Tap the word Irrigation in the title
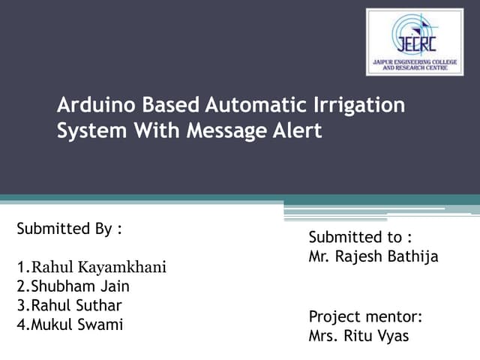[361, 105]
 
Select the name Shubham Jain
[72, 286]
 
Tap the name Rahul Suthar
[69, 306]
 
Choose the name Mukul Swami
[70, 325]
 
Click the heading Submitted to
[360, 237]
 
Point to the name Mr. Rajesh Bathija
[373, 256]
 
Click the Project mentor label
[366, 316]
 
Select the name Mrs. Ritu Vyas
[359, 335]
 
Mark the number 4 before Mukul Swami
[20, 325]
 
